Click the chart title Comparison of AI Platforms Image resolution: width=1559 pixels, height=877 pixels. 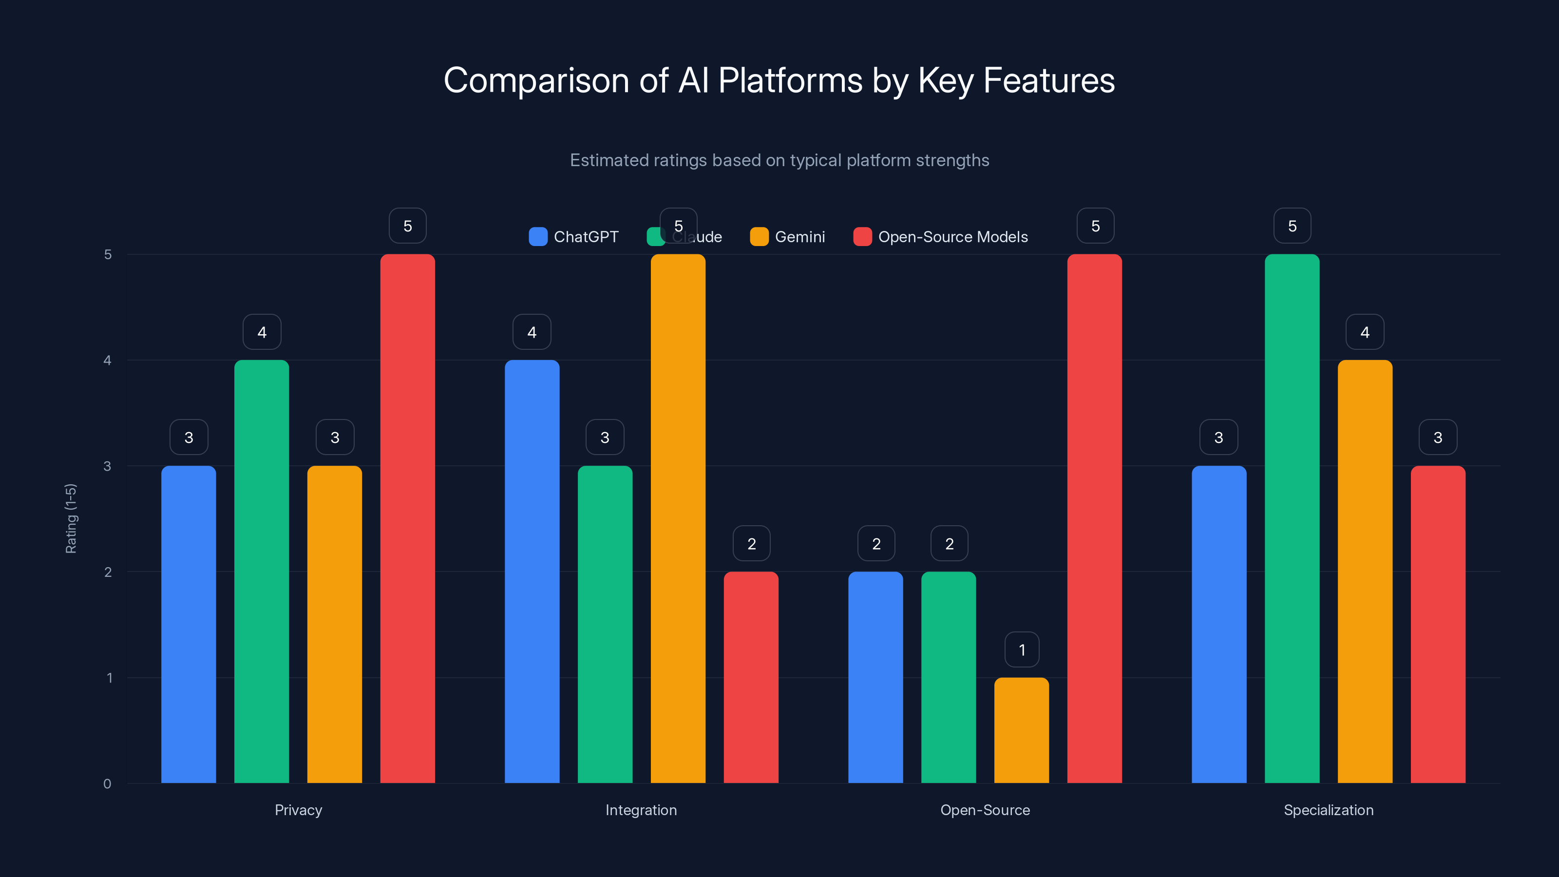point(779,80)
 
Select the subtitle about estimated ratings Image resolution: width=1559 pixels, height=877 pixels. point(779,160)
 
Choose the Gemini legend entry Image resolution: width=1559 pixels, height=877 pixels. point(787,237)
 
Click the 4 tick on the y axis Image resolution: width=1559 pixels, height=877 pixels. point(108,360)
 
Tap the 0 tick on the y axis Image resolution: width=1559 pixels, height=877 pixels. point(108,784)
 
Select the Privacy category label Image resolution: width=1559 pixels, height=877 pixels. point(298,810)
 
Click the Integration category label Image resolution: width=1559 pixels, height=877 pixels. point(641,810)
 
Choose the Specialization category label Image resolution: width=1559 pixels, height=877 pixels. point(1329,810)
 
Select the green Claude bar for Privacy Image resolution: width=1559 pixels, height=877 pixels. point(262,572)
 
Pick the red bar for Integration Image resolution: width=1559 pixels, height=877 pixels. point(751,677)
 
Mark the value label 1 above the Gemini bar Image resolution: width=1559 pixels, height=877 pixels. point(1022,650)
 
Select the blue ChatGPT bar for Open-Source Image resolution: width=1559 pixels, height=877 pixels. point(876,677)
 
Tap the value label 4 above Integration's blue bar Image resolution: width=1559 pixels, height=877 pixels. point(532,332)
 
